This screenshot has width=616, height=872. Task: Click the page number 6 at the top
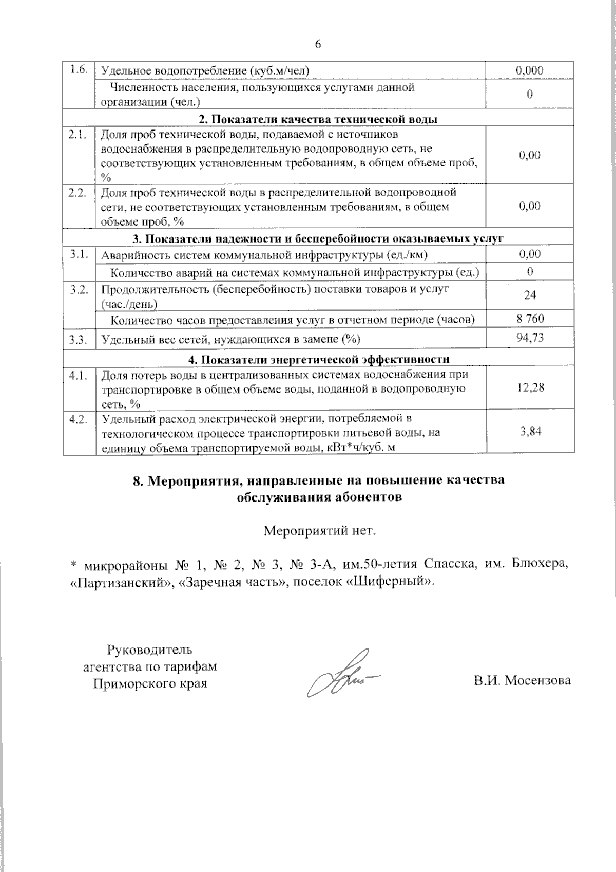tap(317, 45)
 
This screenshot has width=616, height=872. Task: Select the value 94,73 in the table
tap(530, 337)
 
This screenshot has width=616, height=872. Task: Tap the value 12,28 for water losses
tap(530, 387)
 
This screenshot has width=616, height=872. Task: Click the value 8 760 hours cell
tap(530, 319)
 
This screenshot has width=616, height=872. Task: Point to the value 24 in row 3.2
tap(530, 295)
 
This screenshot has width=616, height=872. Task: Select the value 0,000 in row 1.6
tap(530, 70)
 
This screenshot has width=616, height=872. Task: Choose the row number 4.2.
tap(78, 419)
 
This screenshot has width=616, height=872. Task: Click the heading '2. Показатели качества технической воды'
tap(318, 119)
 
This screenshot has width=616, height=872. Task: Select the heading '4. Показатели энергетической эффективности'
tap(318, 359)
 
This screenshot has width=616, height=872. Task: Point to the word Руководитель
tap(149, 650)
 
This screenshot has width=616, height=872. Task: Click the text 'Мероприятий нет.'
tap(320, 530)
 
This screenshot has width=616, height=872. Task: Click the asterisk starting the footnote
tap(73, 566)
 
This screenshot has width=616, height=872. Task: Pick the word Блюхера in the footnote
tap(540, 565)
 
